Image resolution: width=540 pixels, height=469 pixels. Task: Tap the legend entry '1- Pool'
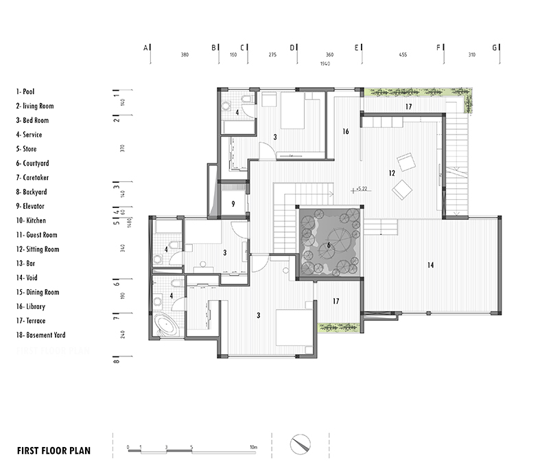click(x=28, y=91)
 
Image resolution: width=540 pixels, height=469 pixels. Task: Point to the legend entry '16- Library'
click(x=36, y=306)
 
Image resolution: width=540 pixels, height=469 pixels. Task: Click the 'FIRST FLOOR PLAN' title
click(x=54, y=451)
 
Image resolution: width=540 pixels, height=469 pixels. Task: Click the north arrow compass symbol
click(x=300, y=443)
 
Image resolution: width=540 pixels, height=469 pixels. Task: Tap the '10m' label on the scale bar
click(x=253, y=447)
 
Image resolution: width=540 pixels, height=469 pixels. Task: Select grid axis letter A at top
click(x=145, y=47)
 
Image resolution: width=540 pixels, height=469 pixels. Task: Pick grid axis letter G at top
click(x=494, y=47)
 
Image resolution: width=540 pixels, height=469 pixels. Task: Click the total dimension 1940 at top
click(x=325, y=63)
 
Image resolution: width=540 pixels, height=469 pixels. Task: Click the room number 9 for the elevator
click(x=233, y=203)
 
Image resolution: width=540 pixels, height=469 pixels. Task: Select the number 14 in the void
click(x=430, y=264)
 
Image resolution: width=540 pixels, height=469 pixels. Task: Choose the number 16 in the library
click(x=345, y=131)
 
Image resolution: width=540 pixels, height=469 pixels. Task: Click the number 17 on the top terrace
click(x=408, y=106)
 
